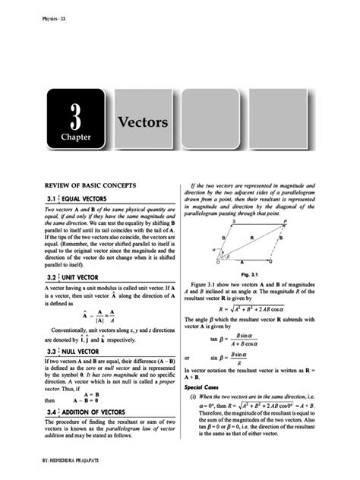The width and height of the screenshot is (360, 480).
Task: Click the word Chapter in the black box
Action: [75, 137]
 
